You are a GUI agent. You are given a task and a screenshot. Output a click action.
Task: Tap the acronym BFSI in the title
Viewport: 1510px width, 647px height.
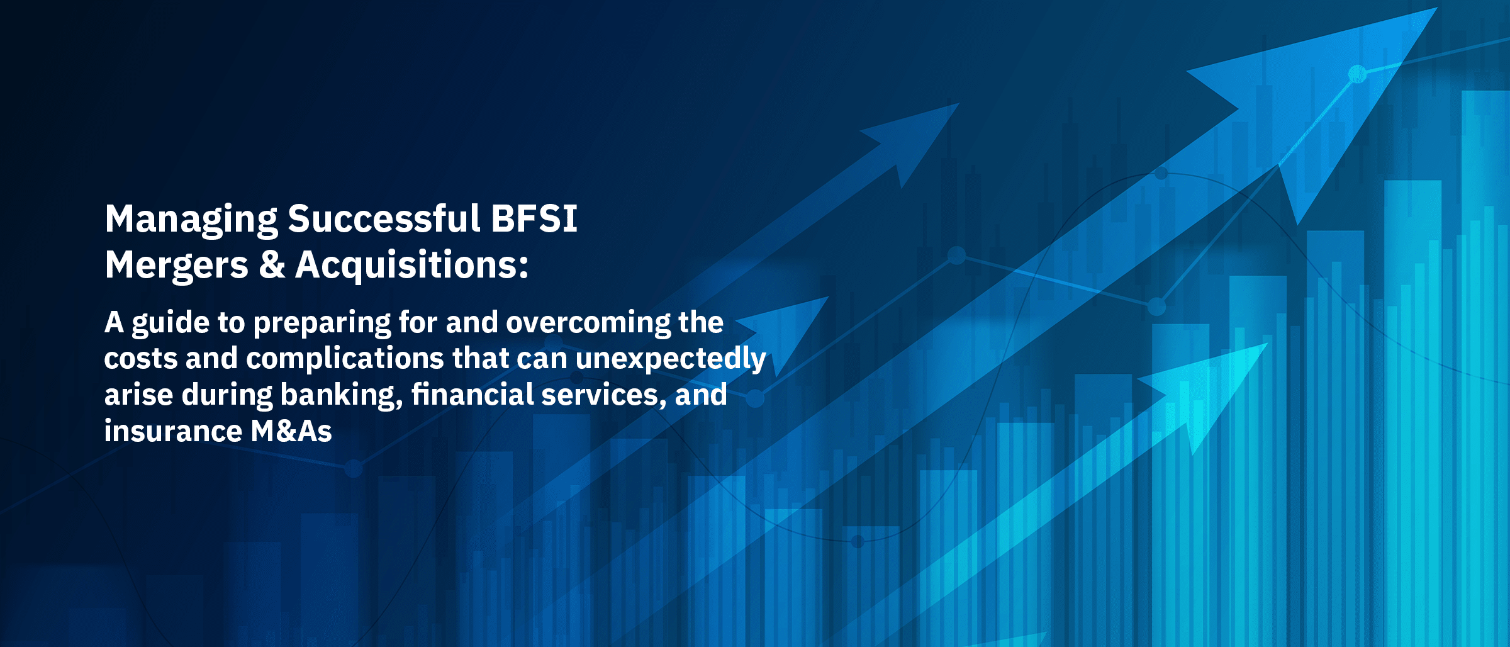(534, 218)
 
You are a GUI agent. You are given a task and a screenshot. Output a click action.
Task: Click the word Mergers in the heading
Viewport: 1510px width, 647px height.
(177, 266)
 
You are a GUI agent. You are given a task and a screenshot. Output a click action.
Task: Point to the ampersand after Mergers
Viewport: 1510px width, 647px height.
(272, 264)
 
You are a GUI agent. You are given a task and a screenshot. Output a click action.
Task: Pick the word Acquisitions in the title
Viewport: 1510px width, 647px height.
(411, 265)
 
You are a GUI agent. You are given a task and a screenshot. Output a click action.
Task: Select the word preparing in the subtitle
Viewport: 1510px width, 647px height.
(322, 323)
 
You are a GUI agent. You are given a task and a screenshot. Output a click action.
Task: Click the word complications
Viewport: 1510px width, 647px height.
(345, 359)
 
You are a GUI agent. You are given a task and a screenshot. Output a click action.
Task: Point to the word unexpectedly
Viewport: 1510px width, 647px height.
(671, 359)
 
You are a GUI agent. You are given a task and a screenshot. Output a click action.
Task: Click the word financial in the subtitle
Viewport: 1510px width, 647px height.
(473, 395)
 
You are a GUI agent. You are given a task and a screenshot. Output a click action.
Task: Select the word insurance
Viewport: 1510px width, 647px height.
(173, 432)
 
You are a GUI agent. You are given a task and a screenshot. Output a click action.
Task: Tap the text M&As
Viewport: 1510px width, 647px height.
(291, 432)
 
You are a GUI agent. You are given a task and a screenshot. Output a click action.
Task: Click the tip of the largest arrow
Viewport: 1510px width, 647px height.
(1436, 8)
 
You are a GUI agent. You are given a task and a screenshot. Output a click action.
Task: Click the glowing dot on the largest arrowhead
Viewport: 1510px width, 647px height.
(1358, 74)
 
